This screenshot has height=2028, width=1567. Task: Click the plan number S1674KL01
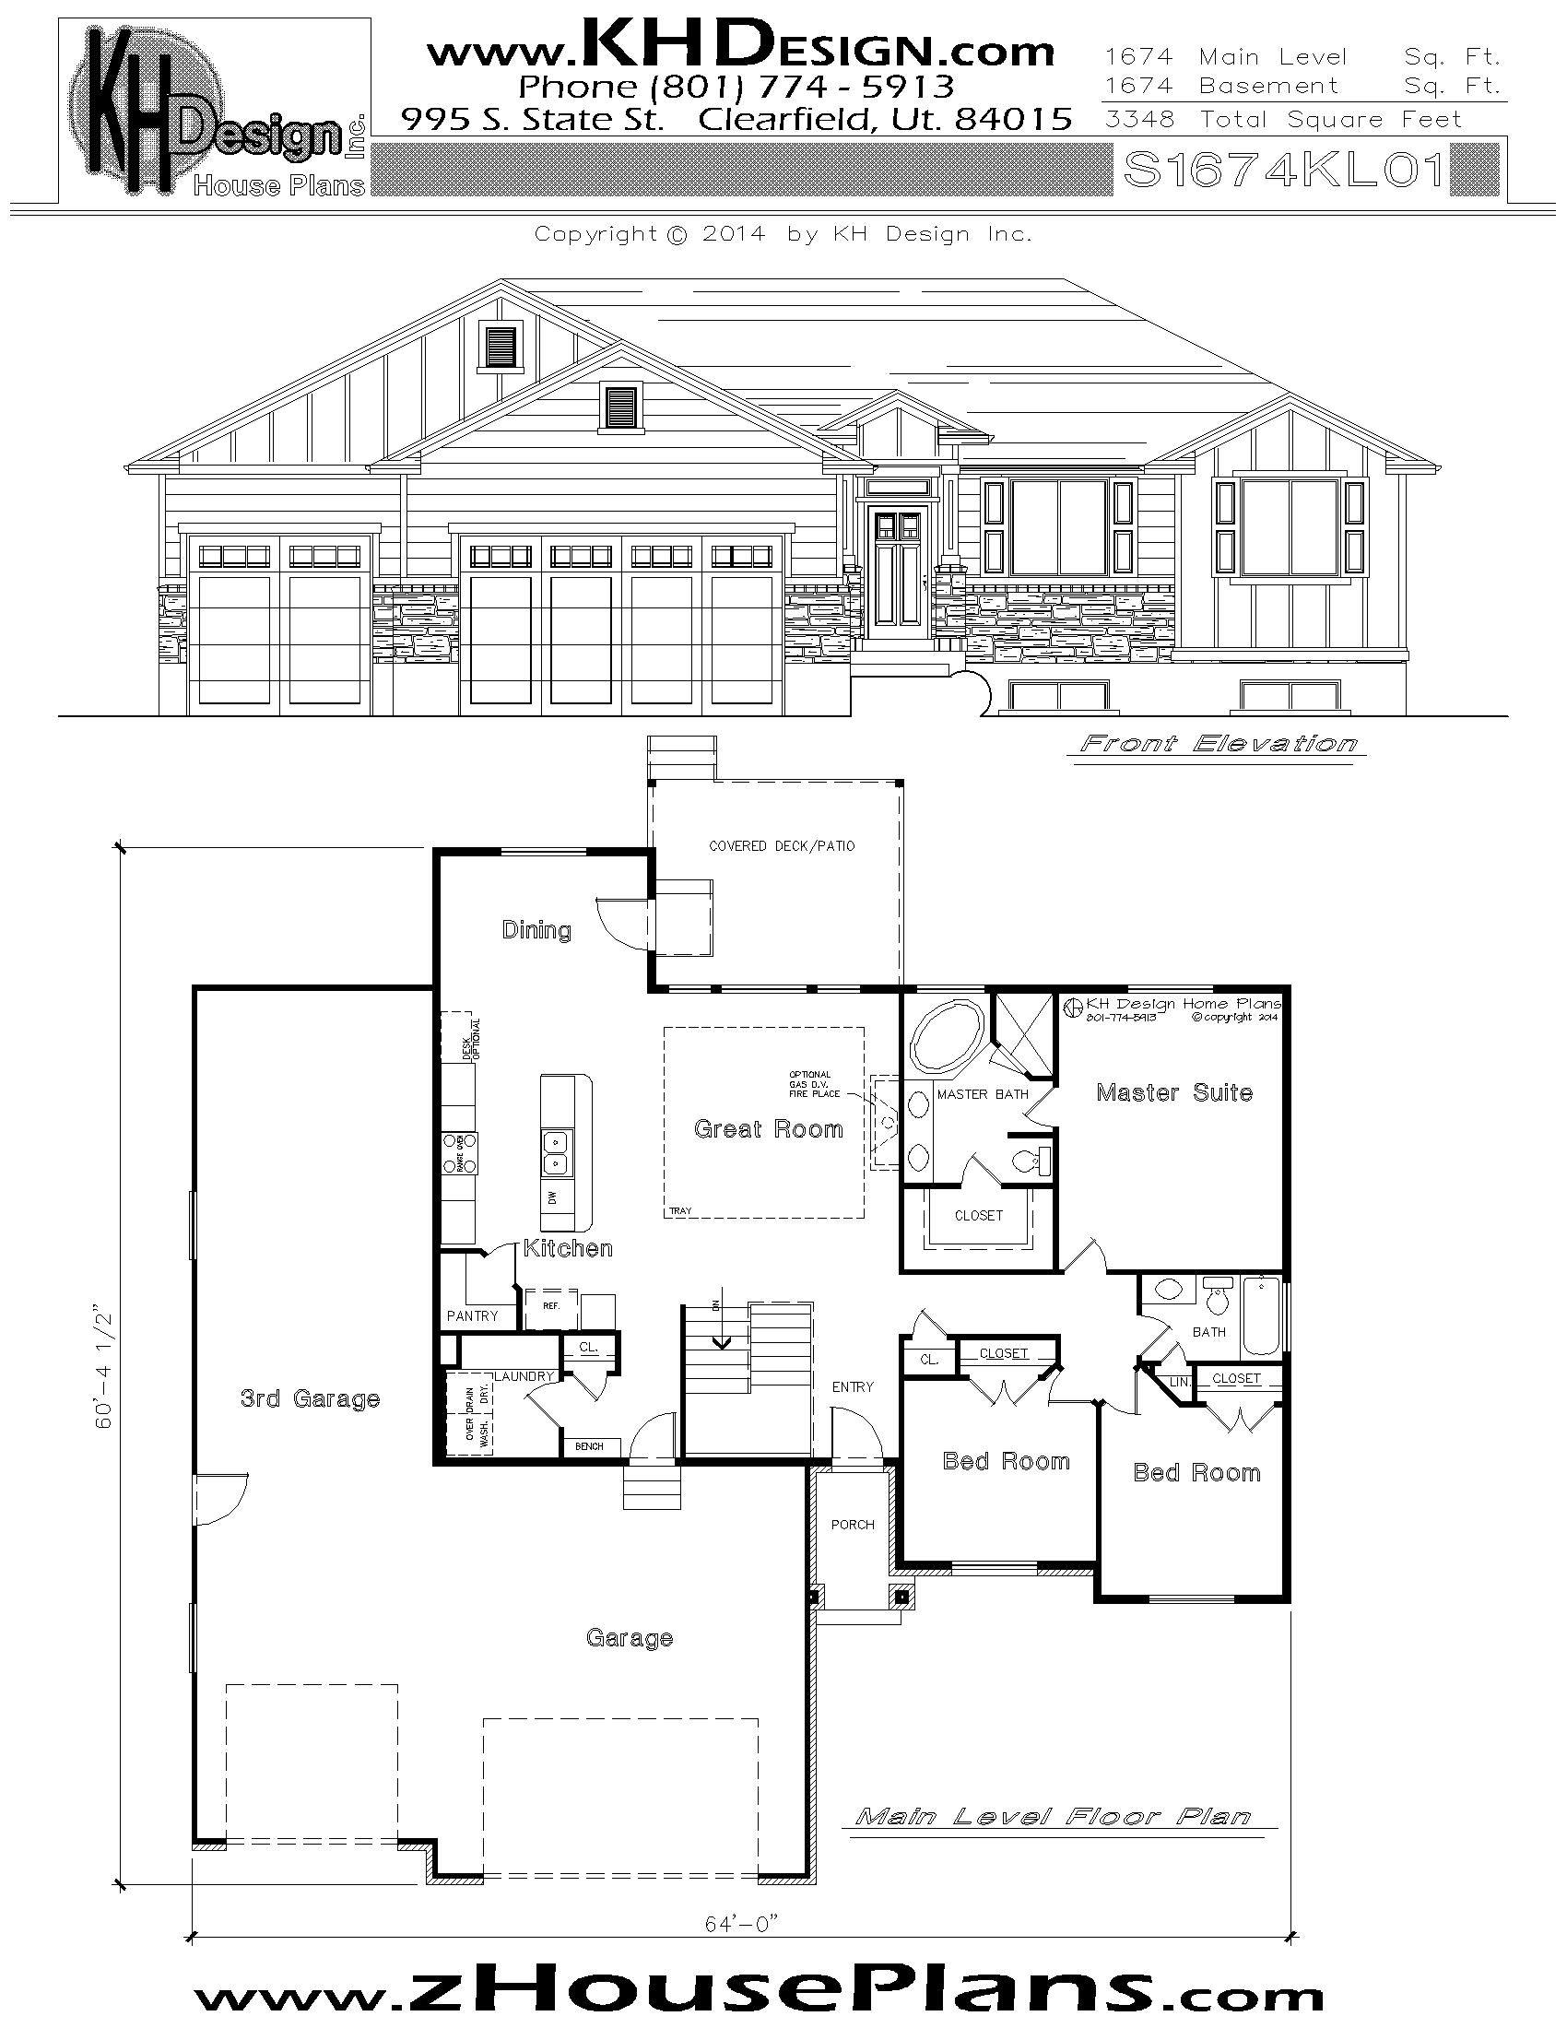click(x=1285, y=169)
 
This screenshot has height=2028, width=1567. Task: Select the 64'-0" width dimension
click(x=740, y=1924)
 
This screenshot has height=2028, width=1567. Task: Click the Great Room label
click(x=769, y=1129)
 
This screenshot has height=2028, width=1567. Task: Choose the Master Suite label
click(x=1174, y=1093)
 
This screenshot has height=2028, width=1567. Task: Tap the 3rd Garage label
click(x=310, y=1398)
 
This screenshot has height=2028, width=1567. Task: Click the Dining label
click(x=536, y=929)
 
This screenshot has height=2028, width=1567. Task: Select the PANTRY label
click(x=473, y=1315)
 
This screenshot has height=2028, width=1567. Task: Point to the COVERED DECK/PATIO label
click(x=782, y=846)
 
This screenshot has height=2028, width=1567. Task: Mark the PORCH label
click(x=853, y=1524)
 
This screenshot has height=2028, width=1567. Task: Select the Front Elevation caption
click(x=1218, y=744)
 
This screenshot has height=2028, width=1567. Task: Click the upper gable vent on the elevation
click(x=501, y=347)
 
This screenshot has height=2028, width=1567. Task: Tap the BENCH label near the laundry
click(x=590, y=1445)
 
